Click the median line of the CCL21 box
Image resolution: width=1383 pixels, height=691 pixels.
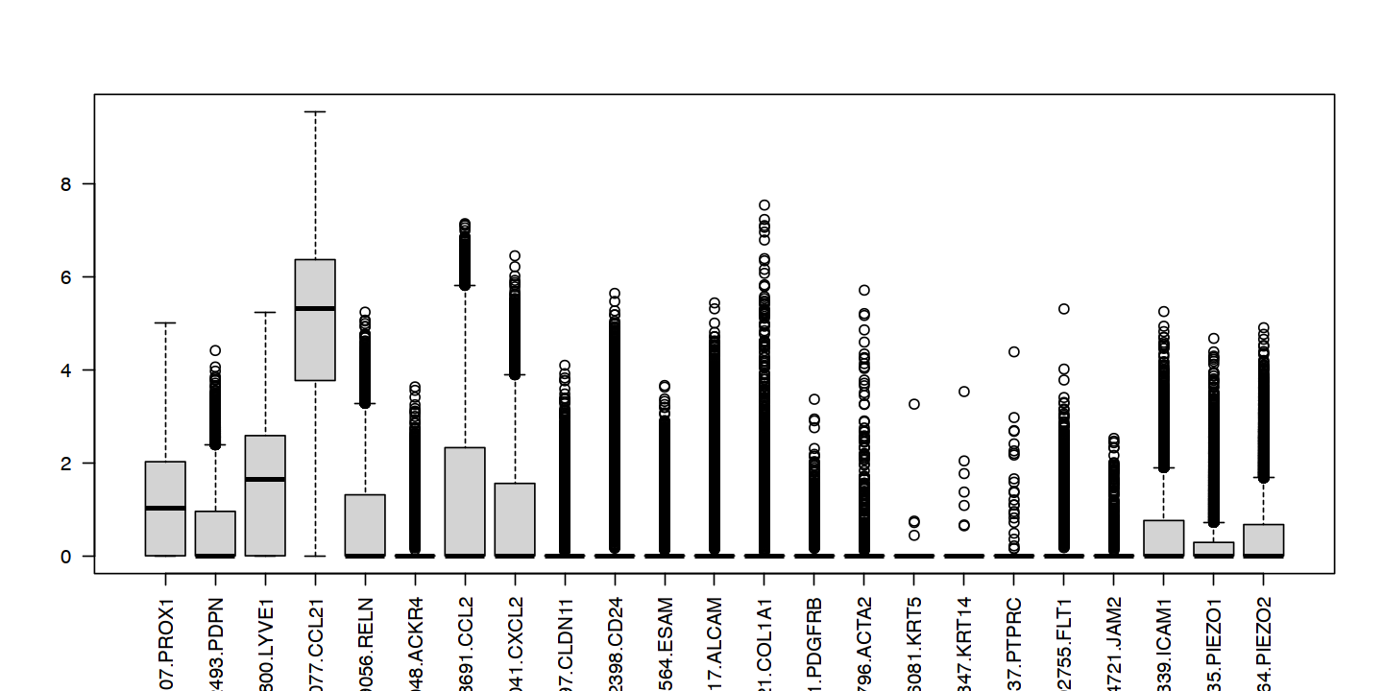click(315, 308)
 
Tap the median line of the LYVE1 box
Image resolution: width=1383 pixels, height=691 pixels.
click(265, 479)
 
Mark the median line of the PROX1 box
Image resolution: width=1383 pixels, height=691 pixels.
click(165, 508)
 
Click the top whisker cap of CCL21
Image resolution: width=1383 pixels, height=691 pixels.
click(315, 111)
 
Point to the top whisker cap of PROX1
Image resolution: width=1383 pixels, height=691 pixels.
click(165, 323)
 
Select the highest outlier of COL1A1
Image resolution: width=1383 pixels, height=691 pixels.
click(764, 204)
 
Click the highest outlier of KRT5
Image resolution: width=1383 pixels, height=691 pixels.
click(914, 404)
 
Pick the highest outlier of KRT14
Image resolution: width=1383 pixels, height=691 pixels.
click(964, 391)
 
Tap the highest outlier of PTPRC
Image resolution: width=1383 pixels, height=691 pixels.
click(1014, 351)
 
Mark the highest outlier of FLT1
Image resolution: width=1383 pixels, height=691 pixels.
click(1064, 308)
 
